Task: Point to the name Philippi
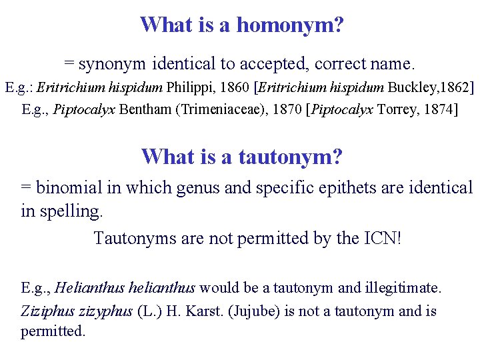coord(190,87)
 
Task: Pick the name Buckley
coord(413,87)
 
